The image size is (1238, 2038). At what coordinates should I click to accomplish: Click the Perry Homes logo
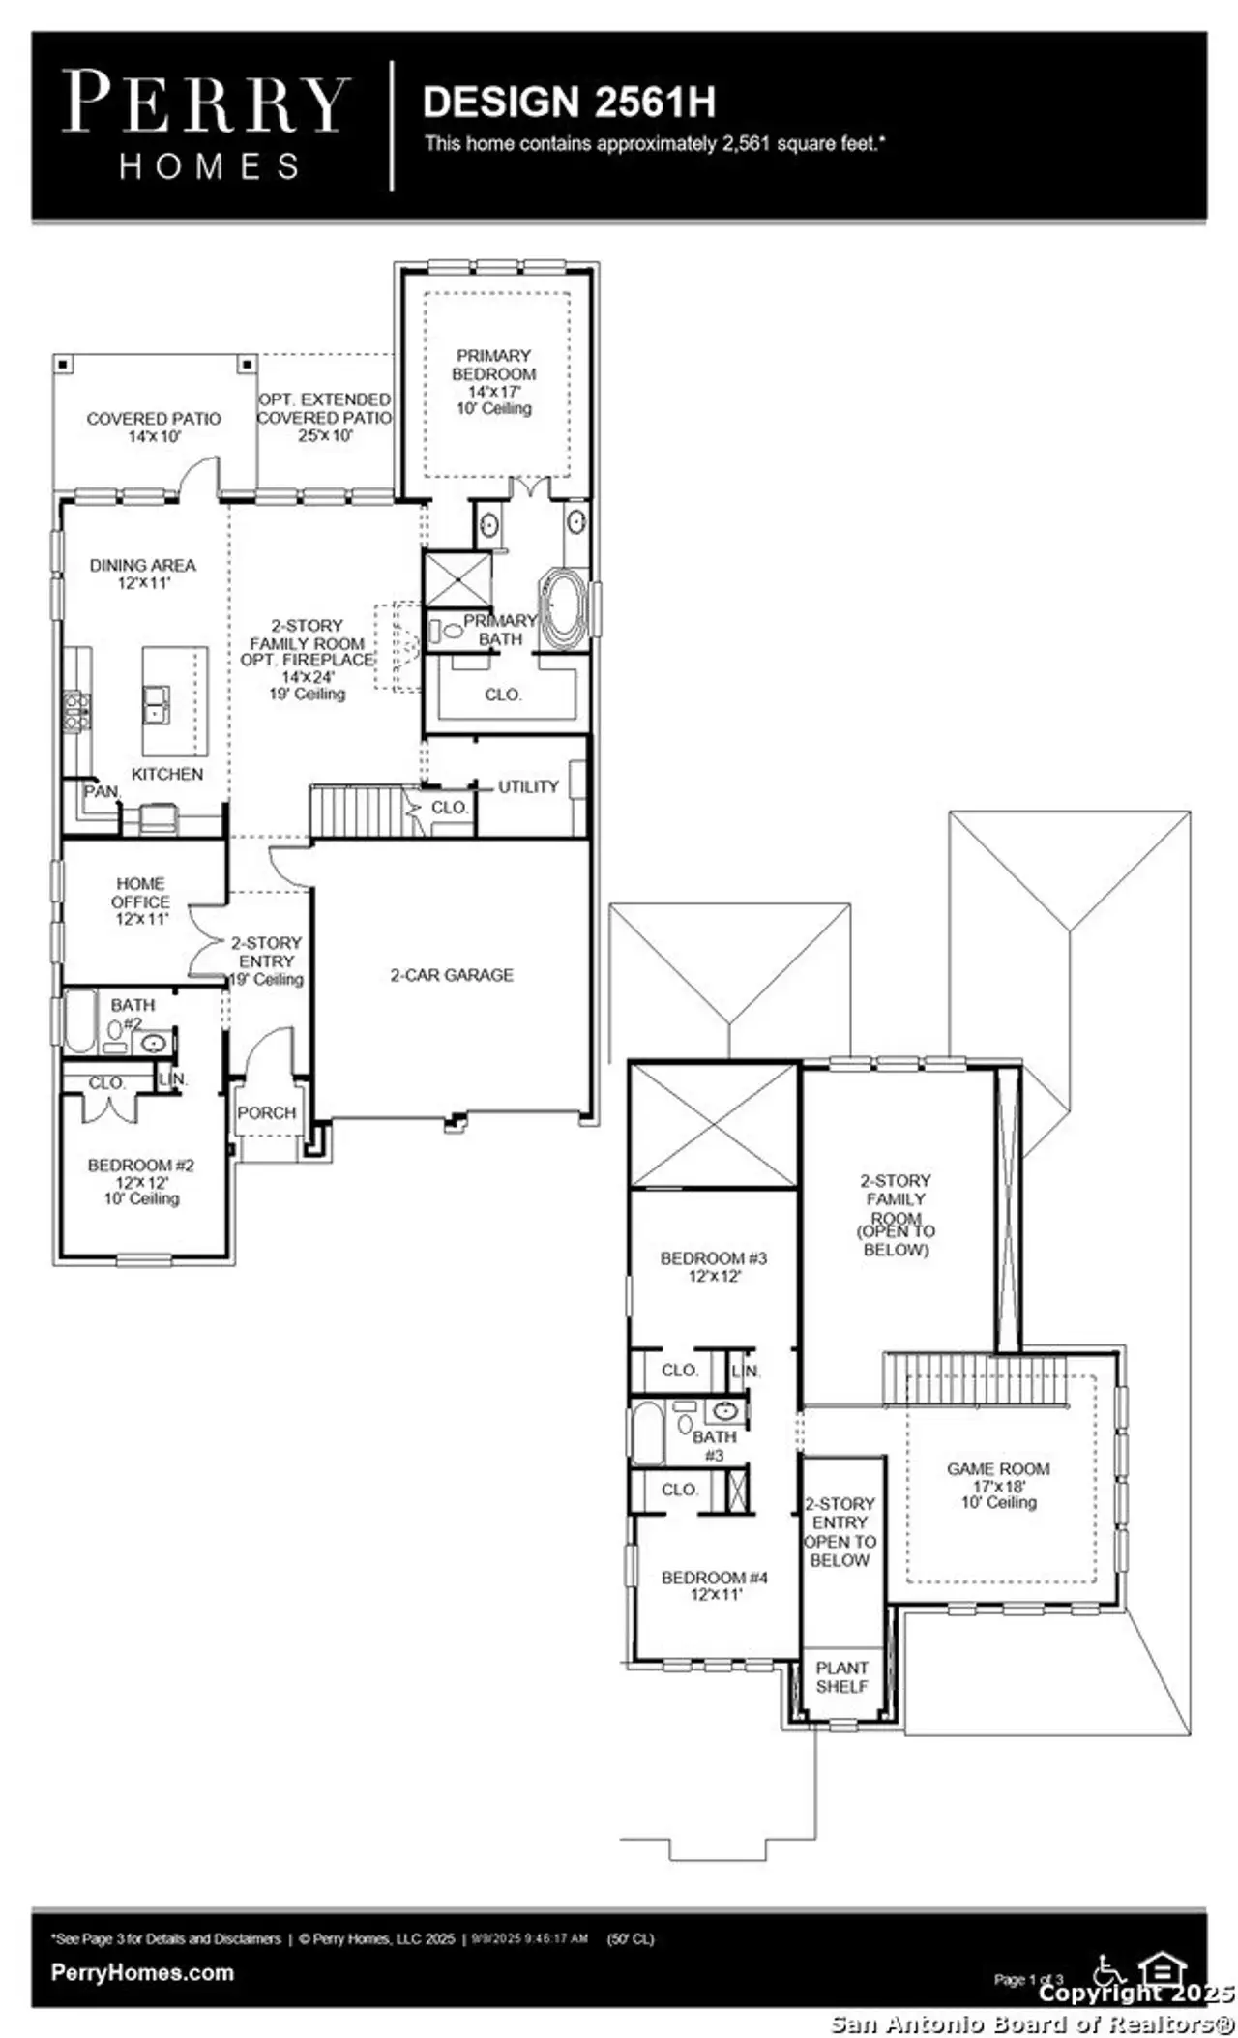tap(205, 124)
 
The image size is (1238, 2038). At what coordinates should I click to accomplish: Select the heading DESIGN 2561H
tap(569, 102)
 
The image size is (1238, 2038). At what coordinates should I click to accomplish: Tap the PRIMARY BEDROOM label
tap(493, 366)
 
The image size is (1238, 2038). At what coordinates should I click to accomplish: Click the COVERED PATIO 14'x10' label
tap(154, 427)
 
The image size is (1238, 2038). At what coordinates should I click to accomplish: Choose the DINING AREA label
tap(143, 573)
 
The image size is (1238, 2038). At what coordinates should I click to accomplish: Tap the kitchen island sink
tap(156, 703)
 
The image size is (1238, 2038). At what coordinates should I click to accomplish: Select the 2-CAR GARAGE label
tap(452, 975)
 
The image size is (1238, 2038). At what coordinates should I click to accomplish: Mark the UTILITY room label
tap(528, 786)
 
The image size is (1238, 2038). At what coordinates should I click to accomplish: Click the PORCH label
tap(266, 1113)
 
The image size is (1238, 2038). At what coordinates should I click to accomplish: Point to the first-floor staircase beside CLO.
tap(356, 812)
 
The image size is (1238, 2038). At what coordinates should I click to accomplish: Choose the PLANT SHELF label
tap(841, 1677)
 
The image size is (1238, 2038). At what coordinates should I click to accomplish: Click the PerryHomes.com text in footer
tap(142, 1973)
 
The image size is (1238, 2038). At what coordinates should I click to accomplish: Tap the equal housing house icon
tap(1162, 1969)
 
